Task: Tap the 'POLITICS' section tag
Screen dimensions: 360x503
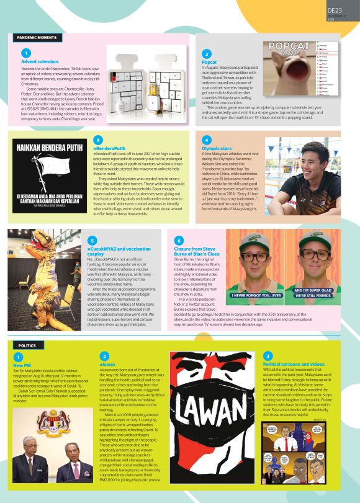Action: click(x=27, y=345)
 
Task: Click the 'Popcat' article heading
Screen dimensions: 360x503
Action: click(x=209, y=63)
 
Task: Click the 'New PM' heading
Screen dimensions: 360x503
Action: click(x=22, y=366)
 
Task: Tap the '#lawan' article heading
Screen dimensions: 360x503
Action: click(x=107, y=365)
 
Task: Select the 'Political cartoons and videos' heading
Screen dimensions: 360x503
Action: click(x=294, y=364)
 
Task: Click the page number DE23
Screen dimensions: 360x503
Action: click(x=335, y=11)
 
